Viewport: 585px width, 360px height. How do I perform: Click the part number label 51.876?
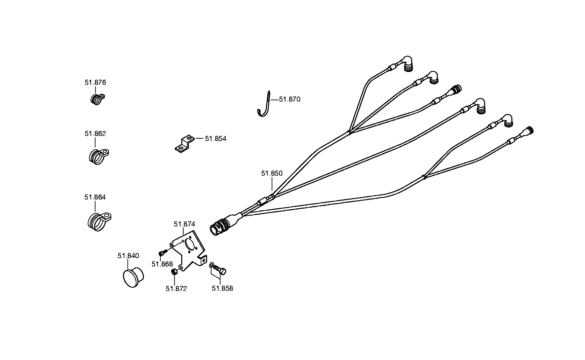[95, 82]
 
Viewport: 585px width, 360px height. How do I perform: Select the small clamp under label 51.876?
[98, 99]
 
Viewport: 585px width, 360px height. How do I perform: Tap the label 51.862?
[95, 134]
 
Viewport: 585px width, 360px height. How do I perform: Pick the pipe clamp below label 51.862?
[99, 156]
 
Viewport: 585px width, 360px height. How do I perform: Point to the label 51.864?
[95, 197]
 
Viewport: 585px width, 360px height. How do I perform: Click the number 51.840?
[128, 256]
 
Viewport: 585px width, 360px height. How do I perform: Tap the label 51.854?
[216, 139]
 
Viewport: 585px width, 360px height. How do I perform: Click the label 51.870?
[290, 99]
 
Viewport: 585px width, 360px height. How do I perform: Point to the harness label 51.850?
[272, 173]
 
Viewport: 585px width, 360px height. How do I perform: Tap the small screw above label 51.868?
[163, 253]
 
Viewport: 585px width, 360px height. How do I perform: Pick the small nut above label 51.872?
[174, 272]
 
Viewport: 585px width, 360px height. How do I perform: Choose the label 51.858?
[222, 288]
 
